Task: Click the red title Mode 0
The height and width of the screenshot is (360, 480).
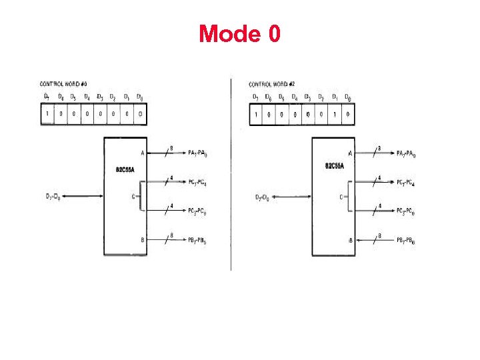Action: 239,33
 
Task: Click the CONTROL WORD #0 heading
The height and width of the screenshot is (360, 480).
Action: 64,84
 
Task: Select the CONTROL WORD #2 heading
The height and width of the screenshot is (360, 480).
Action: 272,84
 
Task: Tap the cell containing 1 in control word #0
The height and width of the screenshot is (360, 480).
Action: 47,114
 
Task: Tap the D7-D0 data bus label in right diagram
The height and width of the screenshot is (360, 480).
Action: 263,197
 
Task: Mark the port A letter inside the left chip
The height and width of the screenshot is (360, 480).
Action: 143,153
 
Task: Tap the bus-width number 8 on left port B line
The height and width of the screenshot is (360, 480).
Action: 171,235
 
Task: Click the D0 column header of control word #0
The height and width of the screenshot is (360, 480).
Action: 139,97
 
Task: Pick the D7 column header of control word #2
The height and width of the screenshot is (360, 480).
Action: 255,98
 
